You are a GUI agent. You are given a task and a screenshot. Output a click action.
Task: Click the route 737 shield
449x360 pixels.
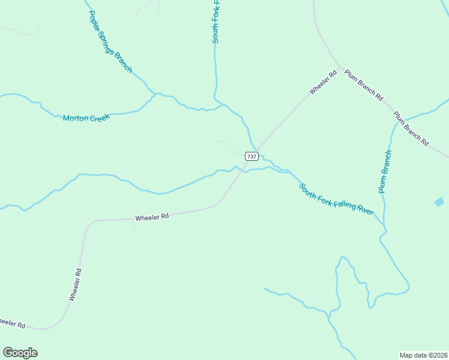pos(252,156)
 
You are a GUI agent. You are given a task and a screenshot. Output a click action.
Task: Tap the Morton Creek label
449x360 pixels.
pos(87,118)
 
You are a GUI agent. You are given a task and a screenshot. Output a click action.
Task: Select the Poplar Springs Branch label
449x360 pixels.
pos(110,41)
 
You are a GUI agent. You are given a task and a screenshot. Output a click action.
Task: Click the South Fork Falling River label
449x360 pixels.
pos(337,199)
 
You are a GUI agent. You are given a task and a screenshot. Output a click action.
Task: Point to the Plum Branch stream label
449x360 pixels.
pos(385,172)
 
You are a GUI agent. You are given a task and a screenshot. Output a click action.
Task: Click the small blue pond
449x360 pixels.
pos(439,202)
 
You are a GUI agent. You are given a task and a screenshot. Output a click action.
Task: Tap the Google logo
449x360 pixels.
pos(20,353)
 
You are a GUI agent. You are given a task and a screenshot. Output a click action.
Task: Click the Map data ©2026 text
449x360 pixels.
pos(423,355)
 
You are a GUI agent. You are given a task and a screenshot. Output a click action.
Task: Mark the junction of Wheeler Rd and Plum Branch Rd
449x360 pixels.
pos(340,68)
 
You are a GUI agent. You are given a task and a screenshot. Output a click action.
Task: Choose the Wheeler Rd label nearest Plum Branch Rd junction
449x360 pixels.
pos(323,83)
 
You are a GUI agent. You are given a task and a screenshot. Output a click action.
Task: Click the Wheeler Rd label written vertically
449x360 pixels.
pos(75,284)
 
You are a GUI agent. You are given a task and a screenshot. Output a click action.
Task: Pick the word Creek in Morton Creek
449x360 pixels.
pos(100,118)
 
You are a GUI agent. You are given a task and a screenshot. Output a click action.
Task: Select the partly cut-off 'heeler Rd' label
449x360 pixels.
pos(12,323)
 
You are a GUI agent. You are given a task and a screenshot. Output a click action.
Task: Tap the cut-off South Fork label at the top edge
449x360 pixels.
pos(215,22)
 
